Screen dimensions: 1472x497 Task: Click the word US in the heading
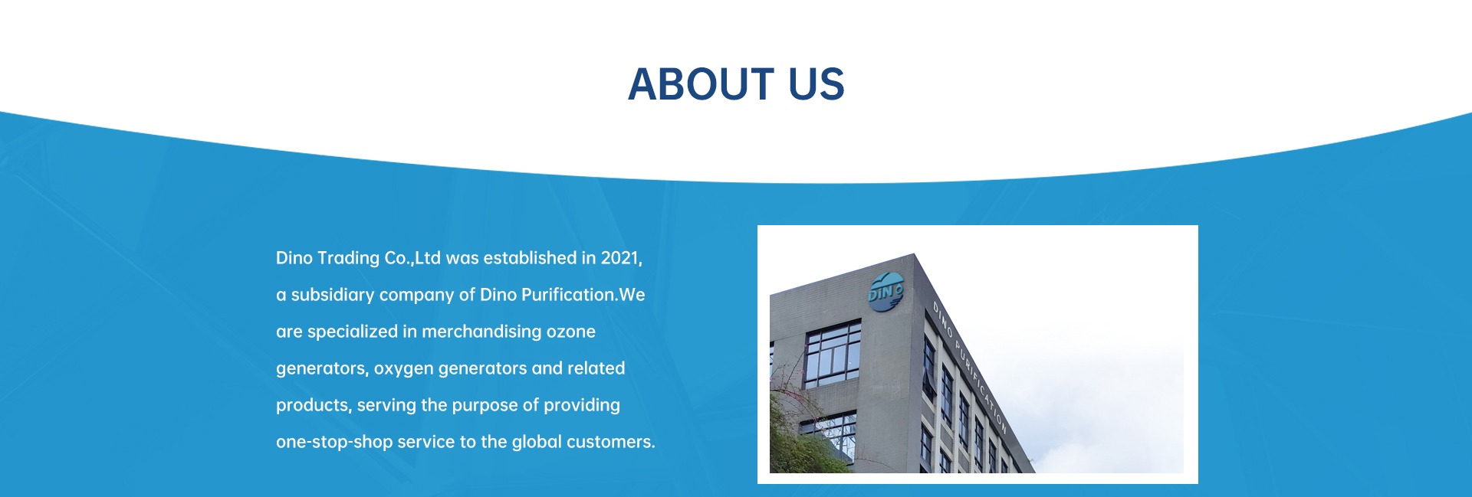click(816, 83)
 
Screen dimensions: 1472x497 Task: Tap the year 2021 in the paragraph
click(621, 258)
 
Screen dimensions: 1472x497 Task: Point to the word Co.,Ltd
click(412, 258)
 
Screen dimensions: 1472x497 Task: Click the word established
click(530, 258)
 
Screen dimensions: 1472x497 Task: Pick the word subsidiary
click(333, 296)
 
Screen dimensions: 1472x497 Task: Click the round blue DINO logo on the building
click(886, 292)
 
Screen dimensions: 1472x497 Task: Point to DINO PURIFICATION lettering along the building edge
click(969, 368)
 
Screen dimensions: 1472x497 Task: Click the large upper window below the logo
click(833, 354)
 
